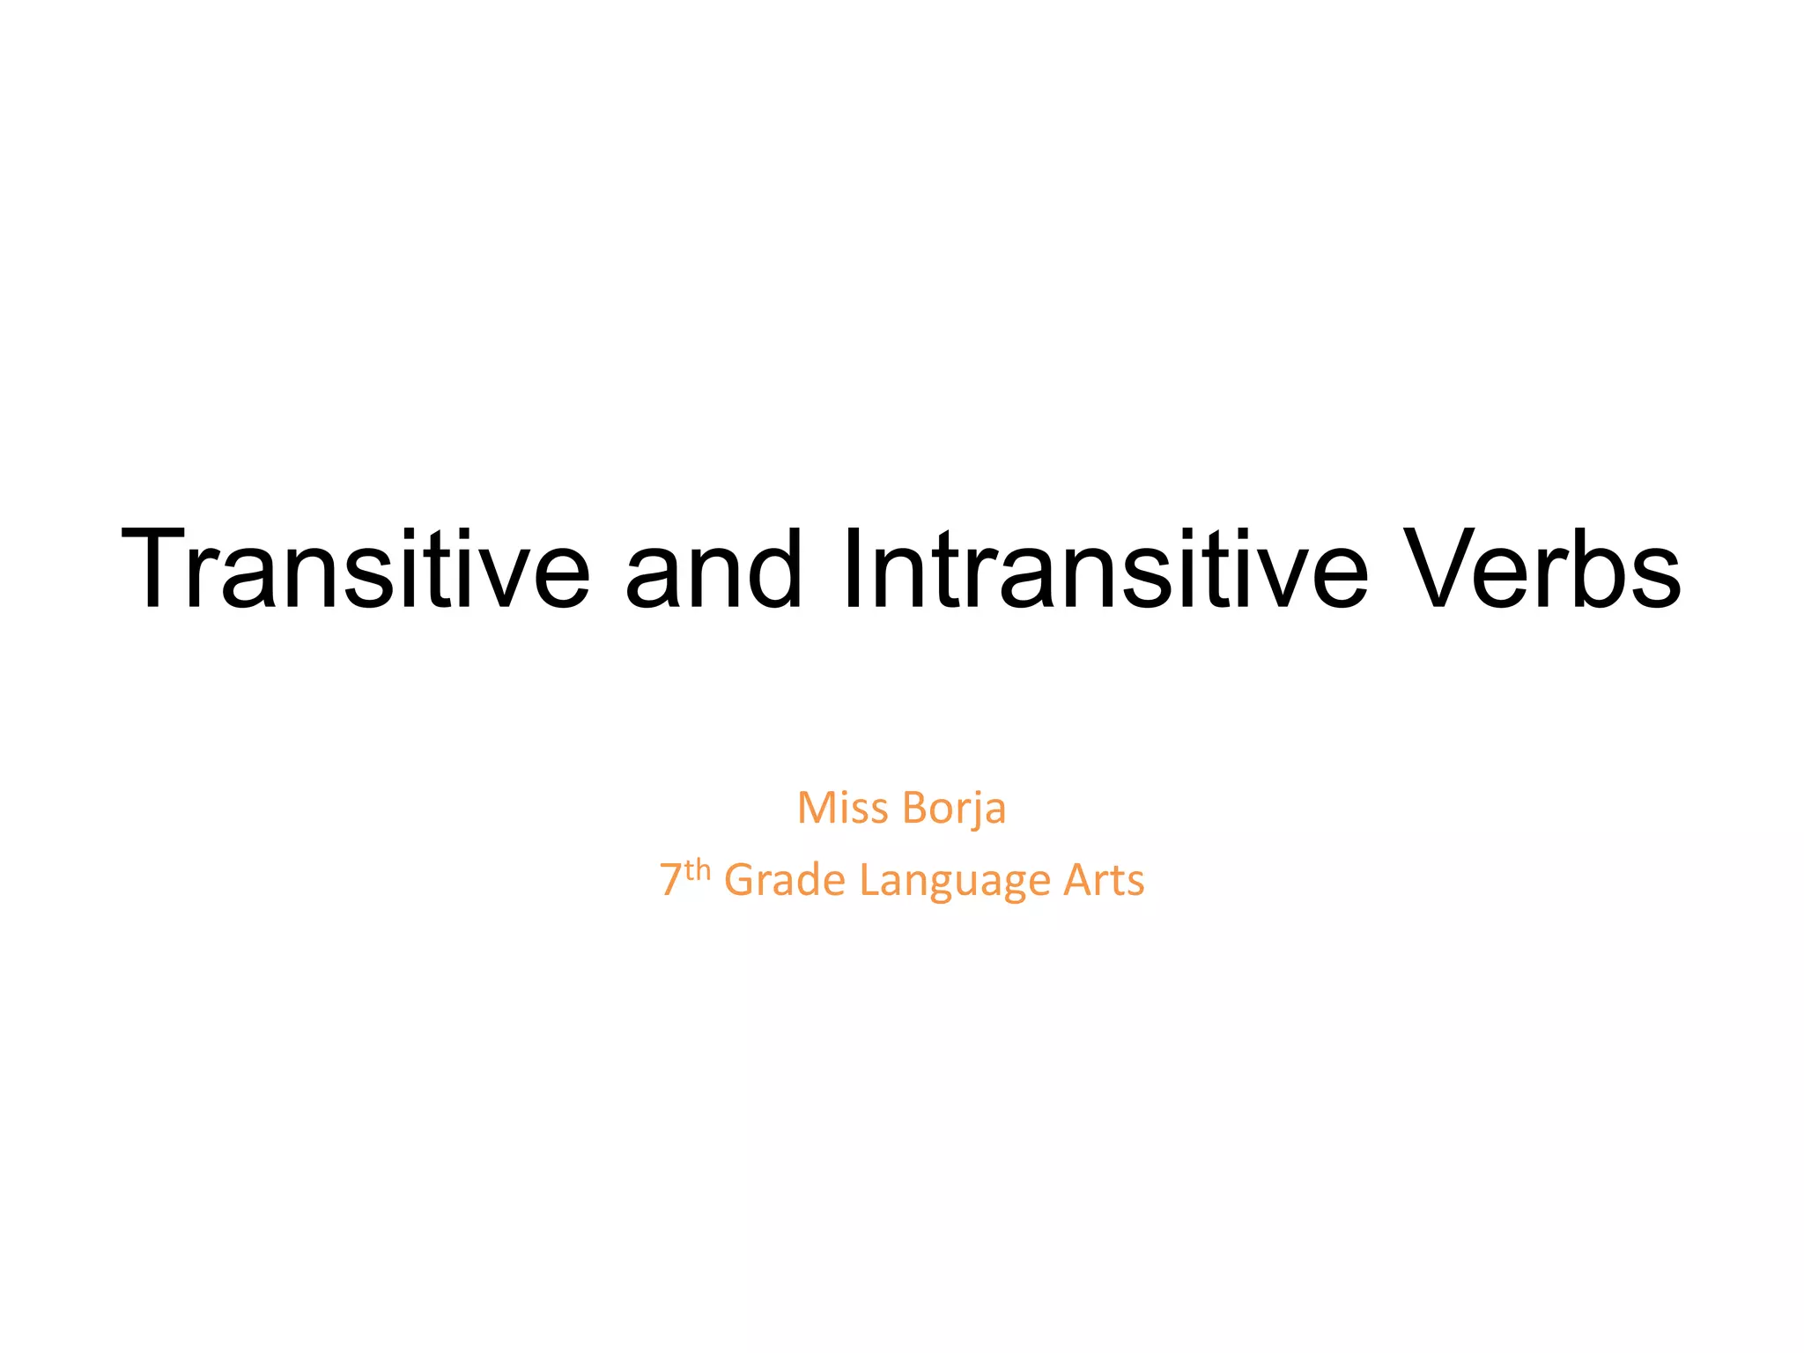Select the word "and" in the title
[x=713, y=568]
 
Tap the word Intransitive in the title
[x=1105, y=568]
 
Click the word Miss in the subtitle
[x=842, y=808]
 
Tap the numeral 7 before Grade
[x=670, y=880]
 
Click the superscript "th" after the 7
[x=698, y=870]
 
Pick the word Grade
[x=785, y=880]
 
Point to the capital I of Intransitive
[x=853, y=568]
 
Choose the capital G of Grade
[x=740, y=880]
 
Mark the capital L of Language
[x=868, y=880]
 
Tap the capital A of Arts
[x=1078, y=880]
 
